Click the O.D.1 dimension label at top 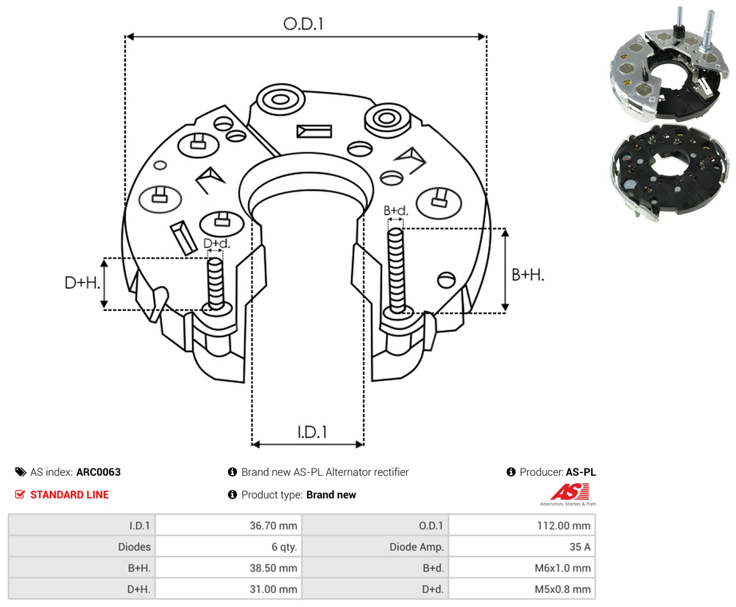pyautogui.click(x=303, y=24)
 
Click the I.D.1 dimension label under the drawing pyautogui.click(x=312, y=432)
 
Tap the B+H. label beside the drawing pyautogui.click(x=528, y=275)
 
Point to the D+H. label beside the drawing pyautogui.click(x=82, y=283)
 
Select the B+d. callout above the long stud pyautogui.click(x=396, y=211)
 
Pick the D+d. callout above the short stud pyautogui.click(x=216, y=243)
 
